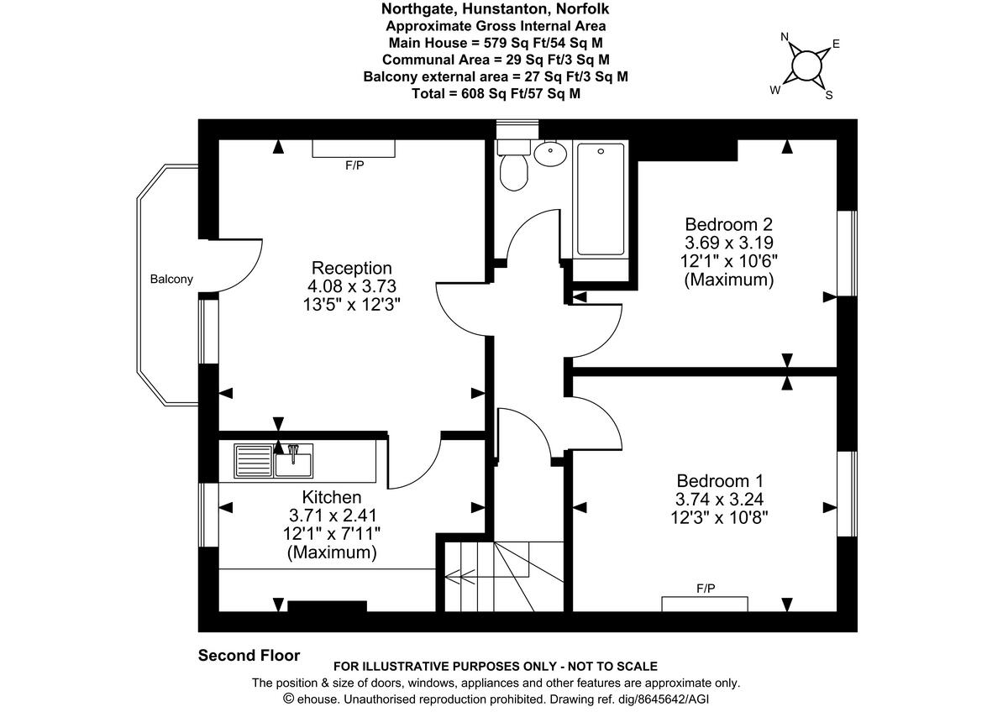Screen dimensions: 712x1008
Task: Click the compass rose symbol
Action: pos(806,65)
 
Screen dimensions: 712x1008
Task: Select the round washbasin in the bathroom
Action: pos(549,153)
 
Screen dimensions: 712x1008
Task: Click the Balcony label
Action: pos(171,280)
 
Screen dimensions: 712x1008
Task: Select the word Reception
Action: pos(351,268)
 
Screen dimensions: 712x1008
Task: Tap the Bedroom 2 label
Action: pos(728,224)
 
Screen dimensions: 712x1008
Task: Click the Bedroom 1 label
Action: pos(720,481)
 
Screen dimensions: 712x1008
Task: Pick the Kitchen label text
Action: pos(332,497)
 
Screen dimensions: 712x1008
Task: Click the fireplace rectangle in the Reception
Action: pos(354,149)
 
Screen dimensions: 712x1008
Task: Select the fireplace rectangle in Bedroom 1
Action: pos(704,603)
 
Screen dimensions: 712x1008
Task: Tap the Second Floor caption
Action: pos(249,656)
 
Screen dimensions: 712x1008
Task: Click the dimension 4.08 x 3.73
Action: pos(351,286)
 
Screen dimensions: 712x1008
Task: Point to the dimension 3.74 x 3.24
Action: pos(720,500)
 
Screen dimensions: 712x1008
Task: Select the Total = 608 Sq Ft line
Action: pos(496,94)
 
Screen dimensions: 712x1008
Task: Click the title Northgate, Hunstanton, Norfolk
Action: pos(496,9)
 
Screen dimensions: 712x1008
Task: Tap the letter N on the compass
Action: pos(785,37)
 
